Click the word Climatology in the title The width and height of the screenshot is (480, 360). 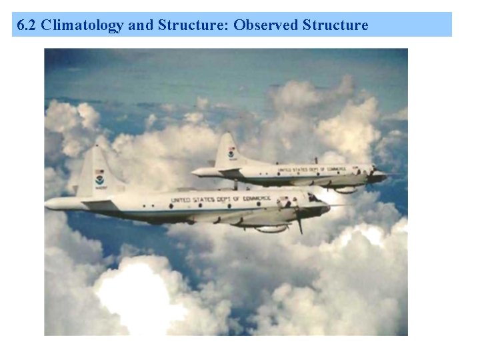click(x=82, y=25)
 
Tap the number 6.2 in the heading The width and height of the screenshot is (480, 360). click(x=27, y=25)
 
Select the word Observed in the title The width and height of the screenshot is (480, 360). click(x=266, y=25)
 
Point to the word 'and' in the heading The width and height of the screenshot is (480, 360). click(x=141, y=25)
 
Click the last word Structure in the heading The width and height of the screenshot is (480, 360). click(x=335, y=25)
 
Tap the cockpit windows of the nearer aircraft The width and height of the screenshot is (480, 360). click(x=313, y=198)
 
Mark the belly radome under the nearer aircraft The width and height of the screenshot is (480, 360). click(x=270, y=229)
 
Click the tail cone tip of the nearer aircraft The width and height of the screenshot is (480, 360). click(x=48, y=204)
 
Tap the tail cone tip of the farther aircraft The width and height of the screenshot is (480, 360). click(x=194, y=172)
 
